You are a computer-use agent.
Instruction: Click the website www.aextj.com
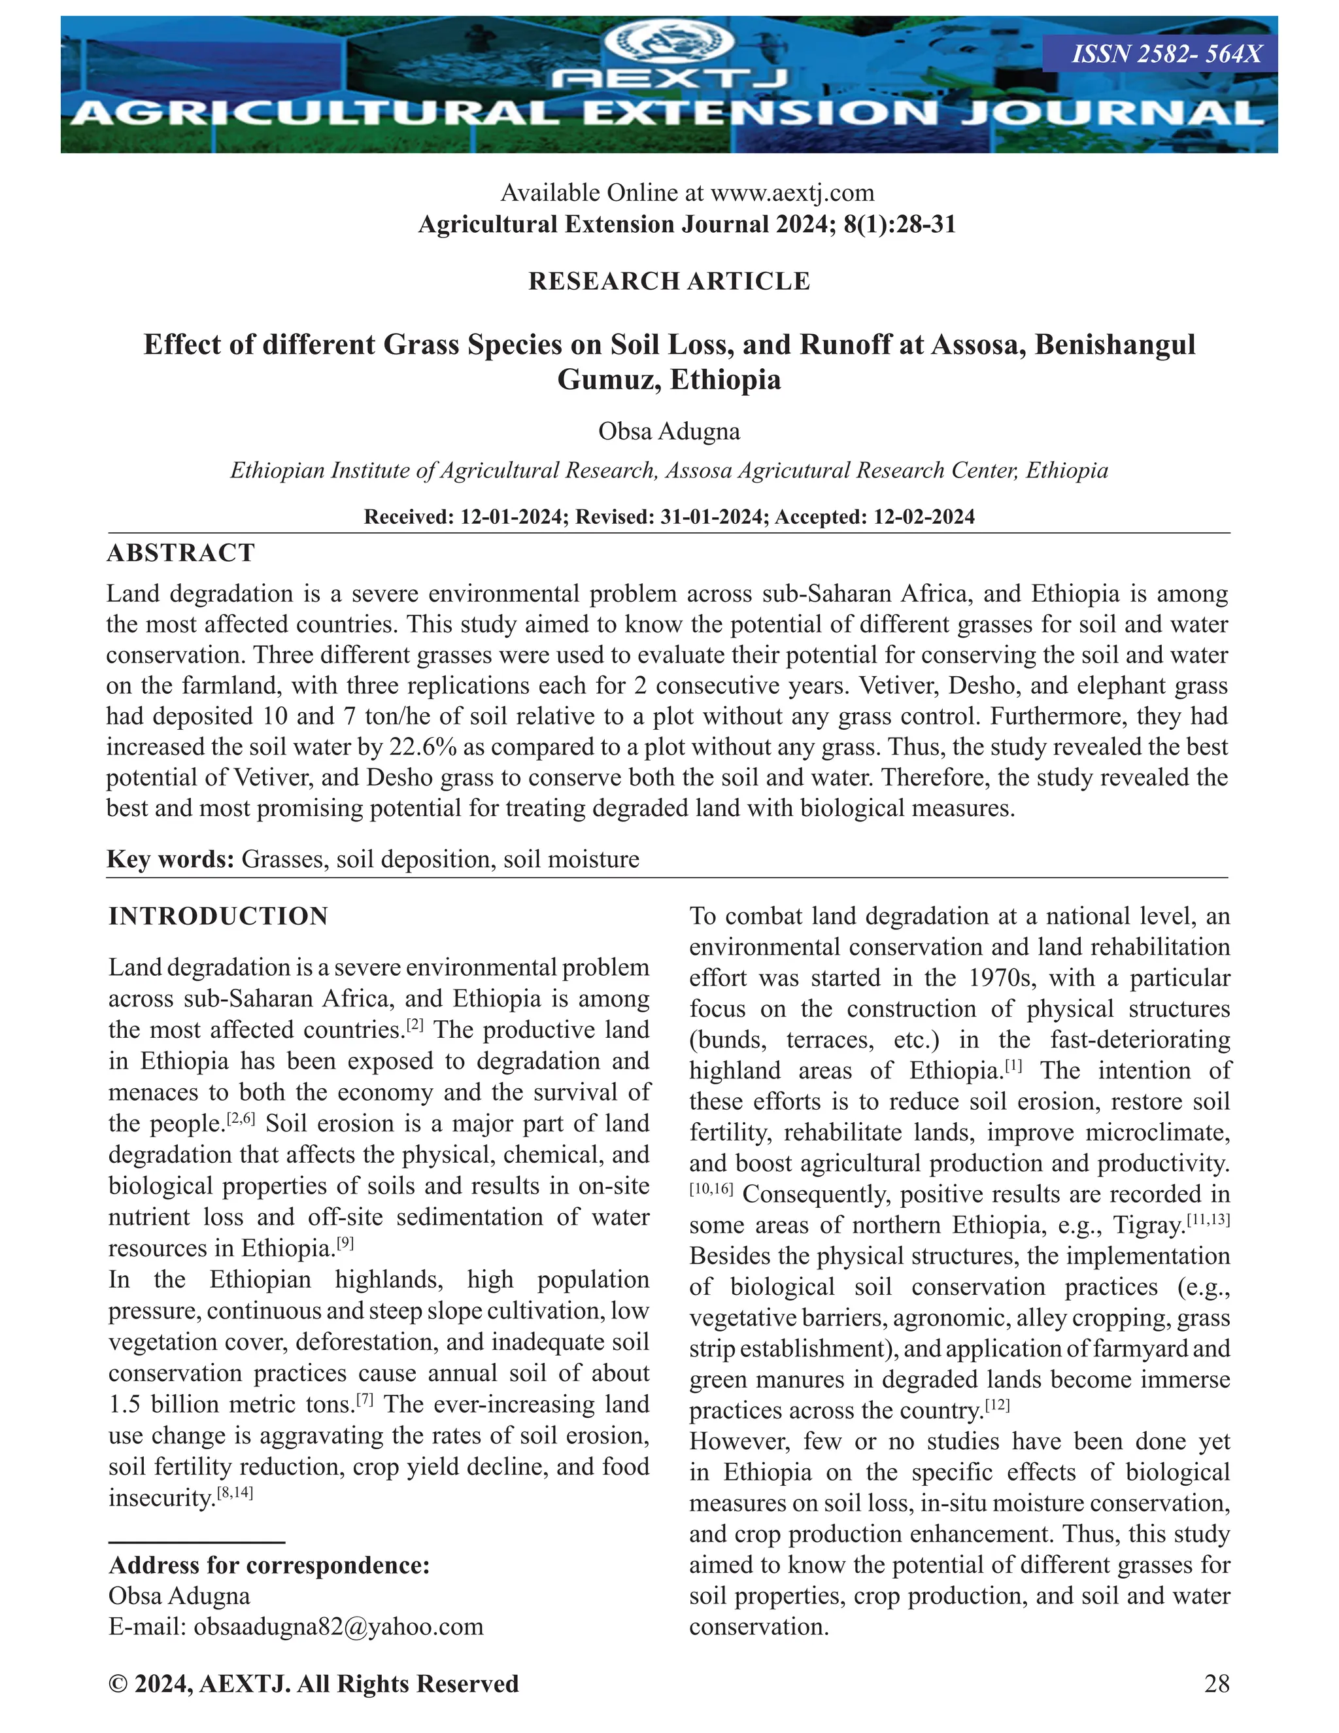click(x=792, y=193)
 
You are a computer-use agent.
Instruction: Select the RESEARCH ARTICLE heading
click(x=669, y=281)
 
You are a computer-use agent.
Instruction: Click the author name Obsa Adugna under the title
click(x=669, y=431)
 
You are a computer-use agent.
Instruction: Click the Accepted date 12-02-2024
click(x=923, y=517)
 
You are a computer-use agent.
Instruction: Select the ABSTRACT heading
click(x=181, y=553)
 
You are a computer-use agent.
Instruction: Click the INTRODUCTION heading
click(x=218, y=916)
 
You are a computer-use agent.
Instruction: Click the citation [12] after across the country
click(x=997, y=1406)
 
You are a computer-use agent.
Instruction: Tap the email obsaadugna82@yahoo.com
click(x=338, y=1626)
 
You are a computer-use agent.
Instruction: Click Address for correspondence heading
click(x=269, y=1565)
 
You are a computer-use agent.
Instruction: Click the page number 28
click(x=1216, y=1684)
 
